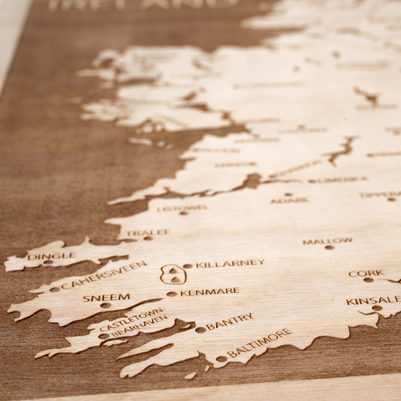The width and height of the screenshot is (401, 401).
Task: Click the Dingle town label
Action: click(x=52, y=256)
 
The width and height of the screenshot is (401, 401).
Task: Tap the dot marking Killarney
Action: click(x=187, y=266)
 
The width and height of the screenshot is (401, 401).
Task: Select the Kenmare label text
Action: click(x=210, y=292)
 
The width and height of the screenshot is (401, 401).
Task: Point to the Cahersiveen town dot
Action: click(x=53, y=290)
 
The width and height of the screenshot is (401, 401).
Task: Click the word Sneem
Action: click(x=106, y=297)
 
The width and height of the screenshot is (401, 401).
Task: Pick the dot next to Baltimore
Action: click(x=221, y=359)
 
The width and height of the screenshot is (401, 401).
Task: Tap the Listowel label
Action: click(x=182, y=208)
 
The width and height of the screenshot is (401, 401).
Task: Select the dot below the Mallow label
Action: click(x=329, y=247)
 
